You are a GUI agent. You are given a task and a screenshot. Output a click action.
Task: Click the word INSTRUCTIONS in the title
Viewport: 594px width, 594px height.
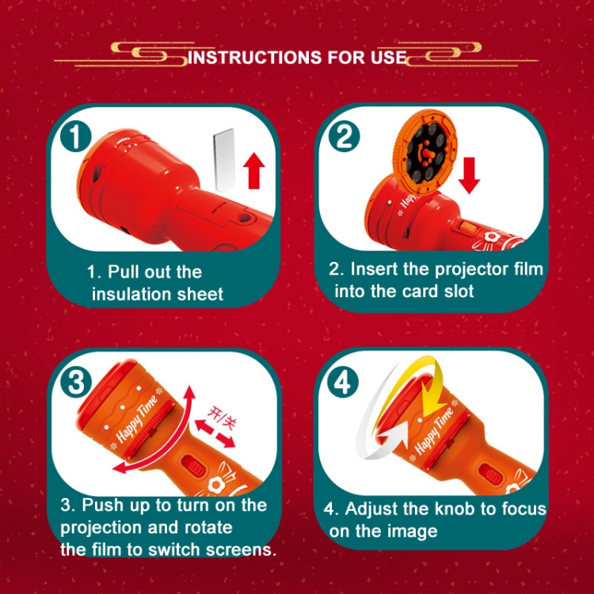point(254,57)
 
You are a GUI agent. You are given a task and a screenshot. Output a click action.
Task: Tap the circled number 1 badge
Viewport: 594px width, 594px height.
point(76,136)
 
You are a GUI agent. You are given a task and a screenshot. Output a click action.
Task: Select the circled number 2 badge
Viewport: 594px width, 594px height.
point(344,136)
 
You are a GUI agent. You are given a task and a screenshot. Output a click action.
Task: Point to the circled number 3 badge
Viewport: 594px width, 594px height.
point(76,382)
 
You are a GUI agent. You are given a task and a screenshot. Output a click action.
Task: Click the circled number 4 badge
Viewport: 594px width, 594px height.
point(344,382)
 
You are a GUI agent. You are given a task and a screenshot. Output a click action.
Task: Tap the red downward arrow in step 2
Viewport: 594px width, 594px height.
point(470,176)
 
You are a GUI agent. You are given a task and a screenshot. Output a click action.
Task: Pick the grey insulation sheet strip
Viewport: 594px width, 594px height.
point(224,159)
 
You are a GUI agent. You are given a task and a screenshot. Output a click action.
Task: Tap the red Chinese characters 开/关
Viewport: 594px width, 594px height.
point(220,418)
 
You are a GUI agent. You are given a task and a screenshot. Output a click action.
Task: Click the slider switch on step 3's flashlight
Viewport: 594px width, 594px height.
point(194,467)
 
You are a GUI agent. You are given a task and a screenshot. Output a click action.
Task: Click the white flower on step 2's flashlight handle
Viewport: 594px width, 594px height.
point(493,238)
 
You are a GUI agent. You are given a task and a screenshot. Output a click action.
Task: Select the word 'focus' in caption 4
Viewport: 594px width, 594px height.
point(524,508)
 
